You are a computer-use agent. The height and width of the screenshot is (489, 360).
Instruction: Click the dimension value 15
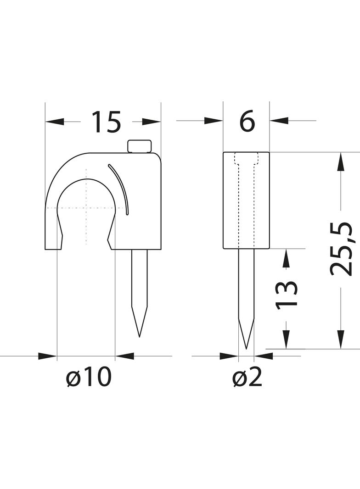[x=106, y=122]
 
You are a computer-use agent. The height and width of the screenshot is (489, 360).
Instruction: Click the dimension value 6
[x=247, y=122]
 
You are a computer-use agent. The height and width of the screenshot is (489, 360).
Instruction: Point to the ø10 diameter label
[x=89, y=378]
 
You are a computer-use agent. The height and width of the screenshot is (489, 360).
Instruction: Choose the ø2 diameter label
[x=247, y=378]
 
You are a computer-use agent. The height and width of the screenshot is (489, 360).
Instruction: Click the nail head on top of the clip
[x=140, y=146]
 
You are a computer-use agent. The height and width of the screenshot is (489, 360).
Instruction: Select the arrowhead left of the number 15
[x=55, y=122]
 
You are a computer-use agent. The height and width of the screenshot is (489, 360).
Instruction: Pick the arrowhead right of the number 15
[x=152, y=122]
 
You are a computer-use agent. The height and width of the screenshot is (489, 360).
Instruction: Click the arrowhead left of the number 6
[x=214, y=121]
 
